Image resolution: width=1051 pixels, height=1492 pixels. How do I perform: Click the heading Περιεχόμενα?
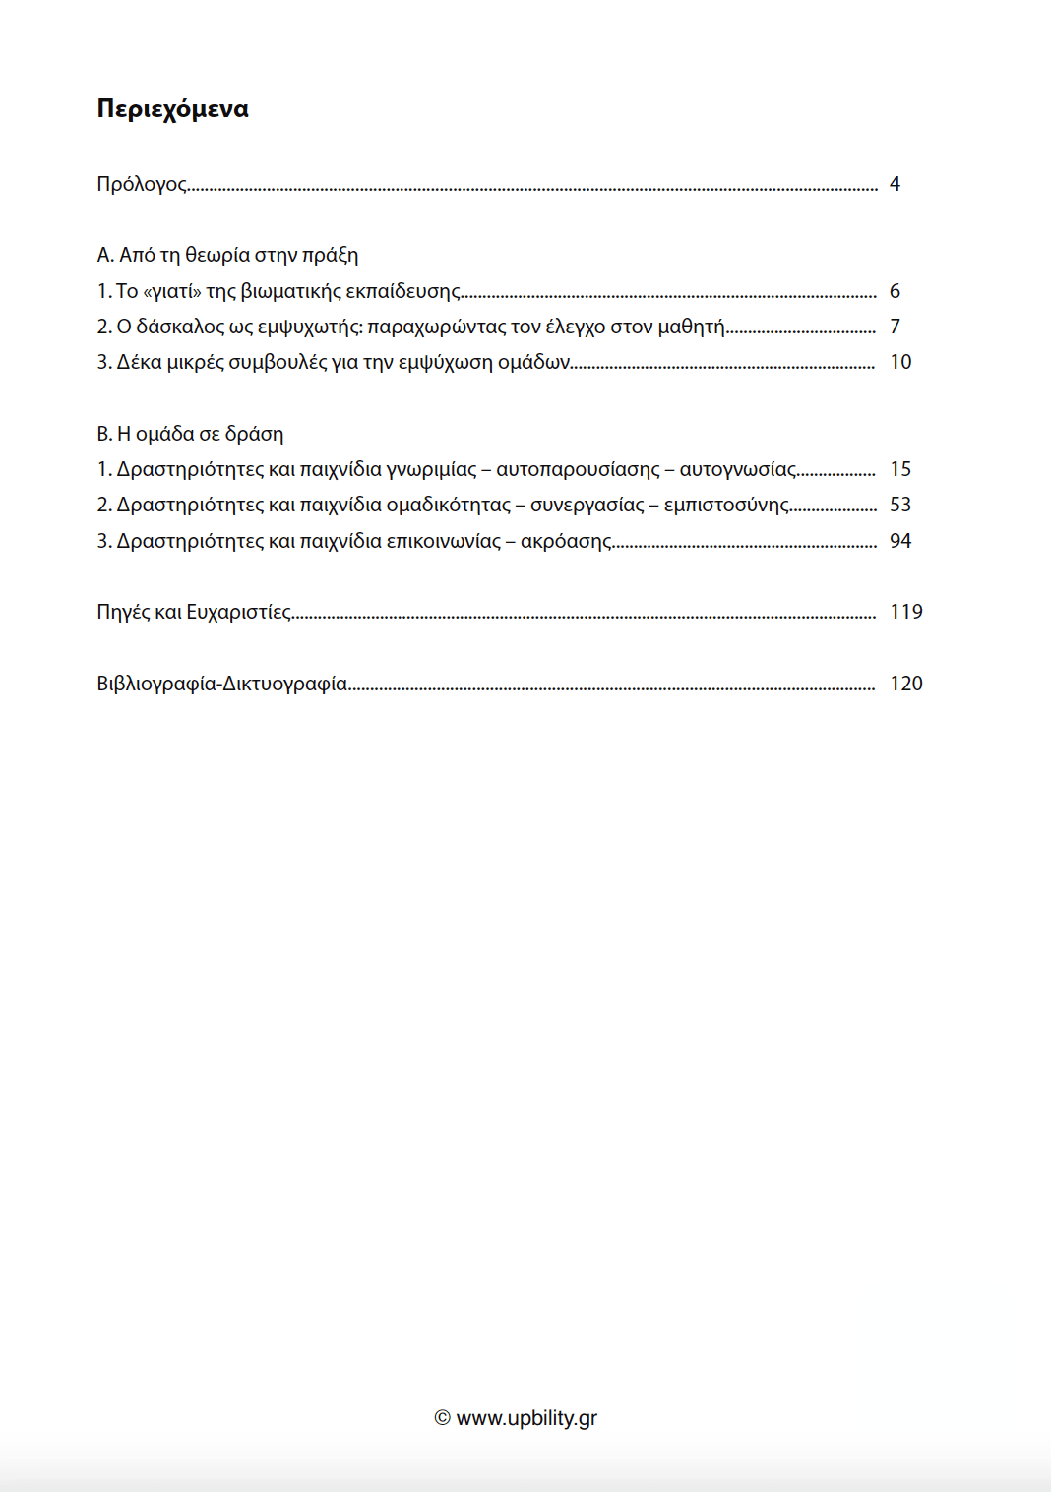[172, 108]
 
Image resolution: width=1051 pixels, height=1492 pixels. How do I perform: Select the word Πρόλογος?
[142, 184]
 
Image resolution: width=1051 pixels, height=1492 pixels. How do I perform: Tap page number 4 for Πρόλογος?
[895, 184]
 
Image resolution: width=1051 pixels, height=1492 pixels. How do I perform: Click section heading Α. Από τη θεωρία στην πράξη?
[227, 255]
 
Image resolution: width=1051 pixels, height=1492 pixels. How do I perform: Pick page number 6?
[895, 291]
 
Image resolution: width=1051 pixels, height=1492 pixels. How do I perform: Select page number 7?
[895, 327]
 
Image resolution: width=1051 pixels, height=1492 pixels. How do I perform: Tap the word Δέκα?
[139, 362]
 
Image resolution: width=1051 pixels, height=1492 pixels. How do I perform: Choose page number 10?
[900, 362]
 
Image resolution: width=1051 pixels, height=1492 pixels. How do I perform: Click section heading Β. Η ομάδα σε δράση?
[190, 434]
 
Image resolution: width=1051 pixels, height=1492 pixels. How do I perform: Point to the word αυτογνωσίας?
[738, 469]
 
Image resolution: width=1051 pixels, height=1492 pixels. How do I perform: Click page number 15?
[900, 469]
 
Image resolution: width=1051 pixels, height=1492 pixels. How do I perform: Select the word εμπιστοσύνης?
[726, 505]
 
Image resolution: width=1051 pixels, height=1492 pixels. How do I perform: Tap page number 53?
[900, 505]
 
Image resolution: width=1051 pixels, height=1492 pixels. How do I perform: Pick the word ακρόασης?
[566, 541]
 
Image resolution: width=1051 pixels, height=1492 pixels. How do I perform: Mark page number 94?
[900, 541]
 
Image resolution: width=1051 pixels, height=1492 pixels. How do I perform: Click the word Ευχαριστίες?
[239, 612]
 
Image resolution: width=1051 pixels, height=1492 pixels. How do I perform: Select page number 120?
[906, 684]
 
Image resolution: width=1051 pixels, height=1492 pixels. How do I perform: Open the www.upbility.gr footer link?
[526, 1418]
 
